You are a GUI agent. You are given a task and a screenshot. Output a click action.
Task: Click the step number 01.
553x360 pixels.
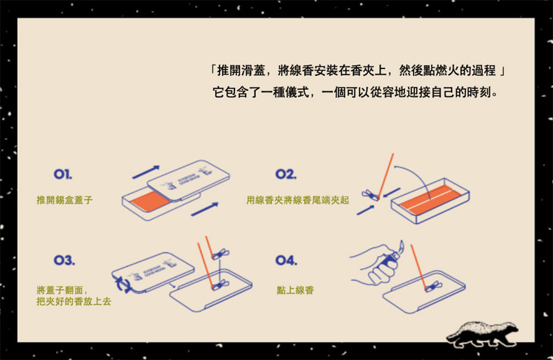pyautogui.click(x=62, y=175)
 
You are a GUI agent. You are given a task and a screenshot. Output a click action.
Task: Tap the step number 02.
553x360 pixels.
pyautogui.click(x=285, y=175)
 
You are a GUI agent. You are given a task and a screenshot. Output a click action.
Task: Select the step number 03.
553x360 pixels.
pyautogui.click(x=64, y=260)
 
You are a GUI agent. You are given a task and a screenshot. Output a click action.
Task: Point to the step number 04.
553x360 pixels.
pyautogui.click(x=286, y=260)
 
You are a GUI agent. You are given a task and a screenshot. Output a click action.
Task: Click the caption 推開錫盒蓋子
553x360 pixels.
pyautogui.click(x=64, y=200)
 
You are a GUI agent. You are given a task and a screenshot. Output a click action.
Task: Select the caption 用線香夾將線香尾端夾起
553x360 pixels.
pyautogui.click(x=298, y=200)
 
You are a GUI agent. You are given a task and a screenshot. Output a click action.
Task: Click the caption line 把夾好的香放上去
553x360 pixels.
pyautogui.click(x=73, y=302)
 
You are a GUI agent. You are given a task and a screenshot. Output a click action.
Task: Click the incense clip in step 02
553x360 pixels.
pyautogui.click(x=368, y=195)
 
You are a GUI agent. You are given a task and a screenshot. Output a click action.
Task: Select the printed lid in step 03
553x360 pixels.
pyautogui.click(x=153, y=272)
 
